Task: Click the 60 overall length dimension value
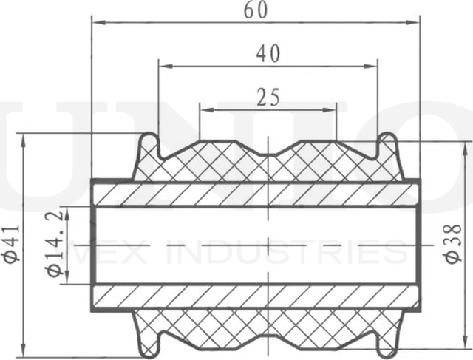tap(255, 10)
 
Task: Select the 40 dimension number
tap(268, 53)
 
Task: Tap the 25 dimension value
tap(268, 97)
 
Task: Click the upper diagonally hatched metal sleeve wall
tap(255, 194)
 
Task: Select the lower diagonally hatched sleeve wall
tap(255, 297)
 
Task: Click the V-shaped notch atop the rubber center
tap(268, 151)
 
